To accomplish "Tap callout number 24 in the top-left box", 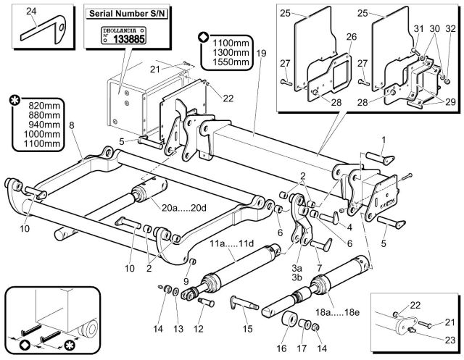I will [30, 11].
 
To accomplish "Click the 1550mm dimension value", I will [228, 62].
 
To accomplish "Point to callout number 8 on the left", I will [71, 126].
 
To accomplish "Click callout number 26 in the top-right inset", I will [351, 37].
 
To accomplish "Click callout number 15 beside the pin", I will [247, 330].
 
